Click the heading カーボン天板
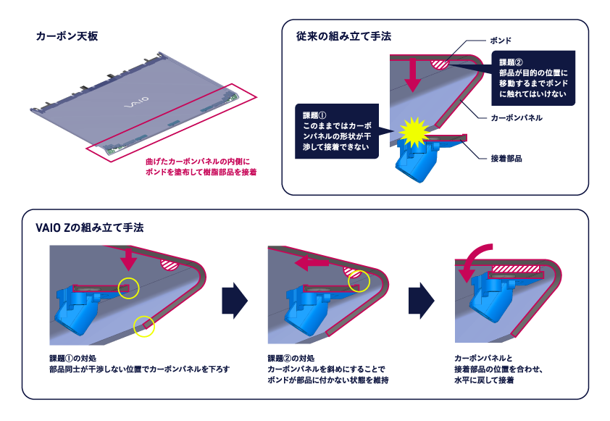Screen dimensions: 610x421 (x=67, y=36)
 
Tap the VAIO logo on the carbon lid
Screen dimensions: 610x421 (x=136, y=102)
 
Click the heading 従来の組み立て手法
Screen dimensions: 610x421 (x=343, y=36)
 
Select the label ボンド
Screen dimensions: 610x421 (x=501, y=41)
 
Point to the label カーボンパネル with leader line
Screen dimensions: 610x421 (x=517, y=117)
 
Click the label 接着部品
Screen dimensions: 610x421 (x=506, y=159)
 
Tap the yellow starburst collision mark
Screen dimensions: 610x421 (x=414, y=132)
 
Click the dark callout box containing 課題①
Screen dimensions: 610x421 (x=337, y=131)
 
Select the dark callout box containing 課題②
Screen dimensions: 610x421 (x=533, y=78)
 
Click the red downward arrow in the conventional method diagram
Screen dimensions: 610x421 (x=413, y=75)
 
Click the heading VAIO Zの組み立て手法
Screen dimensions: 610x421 (x=90, y=228)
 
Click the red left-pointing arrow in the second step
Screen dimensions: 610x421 (x=312, y=263)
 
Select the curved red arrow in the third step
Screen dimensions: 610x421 (x=471, y=259)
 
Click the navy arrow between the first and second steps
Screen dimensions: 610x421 (x=235, y=301)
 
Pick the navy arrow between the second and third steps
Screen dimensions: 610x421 (x=422, y=301)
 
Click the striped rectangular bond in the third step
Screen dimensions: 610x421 (x=516, y=269)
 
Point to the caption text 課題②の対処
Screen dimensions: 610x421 (x=291, y=358)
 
